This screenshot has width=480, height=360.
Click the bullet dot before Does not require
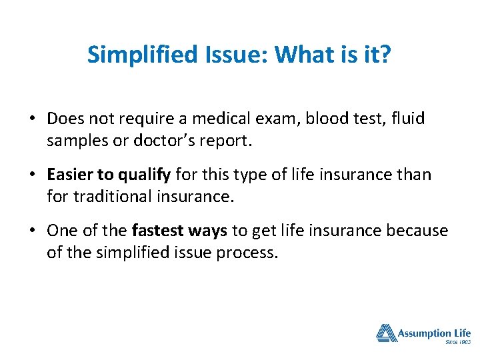(33, 119)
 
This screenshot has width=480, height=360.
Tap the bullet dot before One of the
(33, 231)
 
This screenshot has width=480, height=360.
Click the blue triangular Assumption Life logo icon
(385, 333)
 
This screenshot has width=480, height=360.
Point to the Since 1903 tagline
(457, 343)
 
